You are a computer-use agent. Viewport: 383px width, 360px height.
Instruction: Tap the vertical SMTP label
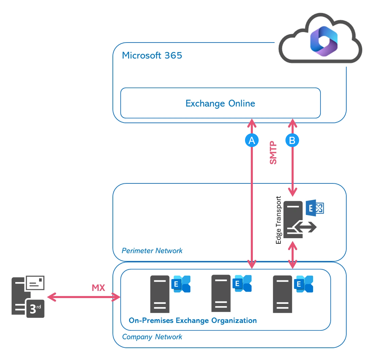[x=273, y=153]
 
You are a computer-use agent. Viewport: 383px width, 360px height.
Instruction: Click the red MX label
[x=99, y=288]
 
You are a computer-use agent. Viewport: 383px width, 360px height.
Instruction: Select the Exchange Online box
[x=220, y=103]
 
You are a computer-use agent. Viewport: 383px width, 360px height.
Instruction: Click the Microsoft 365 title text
[x=152, y=55]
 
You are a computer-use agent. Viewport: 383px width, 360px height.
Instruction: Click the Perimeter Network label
[x=152, y=251]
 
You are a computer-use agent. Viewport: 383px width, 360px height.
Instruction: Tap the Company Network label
[x=152, y=337]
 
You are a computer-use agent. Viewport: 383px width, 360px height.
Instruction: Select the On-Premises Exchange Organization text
[x=193, y=320]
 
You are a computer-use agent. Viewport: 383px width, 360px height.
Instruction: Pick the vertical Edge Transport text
[x=279, y=220]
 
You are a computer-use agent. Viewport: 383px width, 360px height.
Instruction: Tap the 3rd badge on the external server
[x=35, y=309]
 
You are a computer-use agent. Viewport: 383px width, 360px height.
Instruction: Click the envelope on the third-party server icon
[x=35, y=282]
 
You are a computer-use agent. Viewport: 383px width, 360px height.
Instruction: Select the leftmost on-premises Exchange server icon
[x=160, y=294]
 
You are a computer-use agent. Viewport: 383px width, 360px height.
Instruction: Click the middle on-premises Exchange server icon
[x=221, y=293]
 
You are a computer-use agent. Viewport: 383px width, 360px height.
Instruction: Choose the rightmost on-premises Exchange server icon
[x=282, y=294]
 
